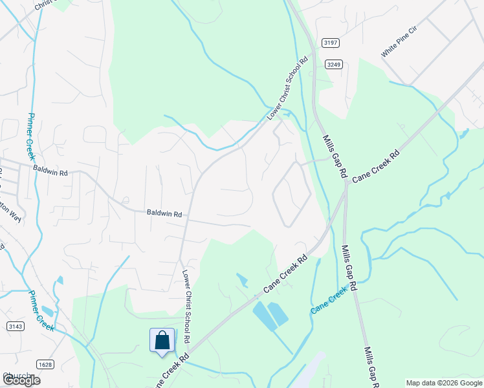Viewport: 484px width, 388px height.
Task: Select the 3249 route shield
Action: (334, 64)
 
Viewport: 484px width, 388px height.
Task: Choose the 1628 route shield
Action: (45, 364)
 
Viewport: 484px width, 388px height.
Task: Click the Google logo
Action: (21, 380)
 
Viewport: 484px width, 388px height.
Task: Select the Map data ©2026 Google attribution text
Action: (443, 383)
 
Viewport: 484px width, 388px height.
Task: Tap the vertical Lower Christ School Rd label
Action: (186, 306)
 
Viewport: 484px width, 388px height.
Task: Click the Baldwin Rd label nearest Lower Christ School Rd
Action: (164, 212)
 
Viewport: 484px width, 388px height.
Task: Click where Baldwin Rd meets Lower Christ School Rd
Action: (187, 219)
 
